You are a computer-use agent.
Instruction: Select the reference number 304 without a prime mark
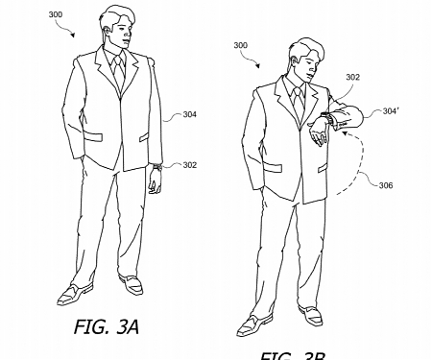click(189, 114)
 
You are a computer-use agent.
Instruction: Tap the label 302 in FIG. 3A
click(189, 165)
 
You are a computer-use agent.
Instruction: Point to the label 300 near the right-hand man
click(240, 45)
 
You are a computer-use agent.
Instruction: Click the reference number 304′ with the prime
click(390, 110)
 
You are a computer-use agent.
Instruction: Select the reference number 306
click(386, 185)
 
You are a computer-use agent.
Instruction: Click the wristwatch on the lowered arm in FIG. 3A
click(155, 167)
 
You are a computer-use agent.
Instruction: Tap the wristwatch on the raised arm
click(324, 120)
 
